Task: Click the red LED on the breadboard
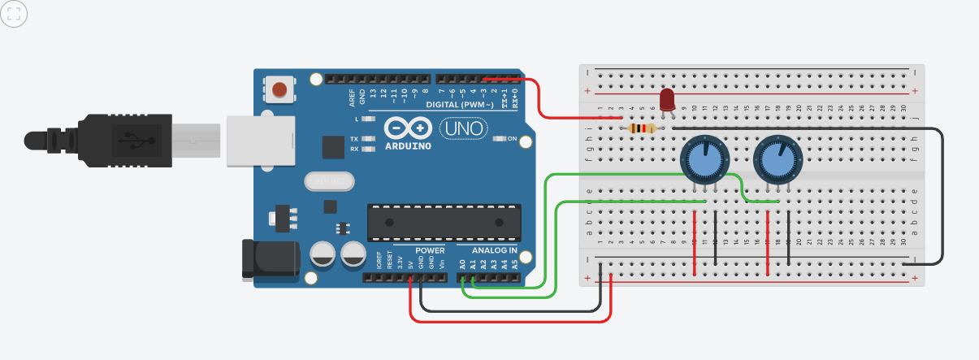click(x=667, y=100)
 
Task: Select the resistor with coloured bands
click(x=643, y=128)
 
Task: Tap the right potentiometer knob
click(x=777, y=159)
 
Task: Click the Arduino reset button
click(x=280, y=89)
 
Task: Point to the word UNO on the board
click(x=464, y=128)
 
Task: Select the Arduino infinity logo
click(x=408, y=128)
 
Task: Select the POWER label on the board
click(x=430, y=250)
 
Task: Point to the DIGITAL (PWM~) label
click(x=460, y=105)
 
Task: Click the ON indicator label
click(x=512, y=138)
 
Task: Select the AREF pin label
click(x=352, y=98)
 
